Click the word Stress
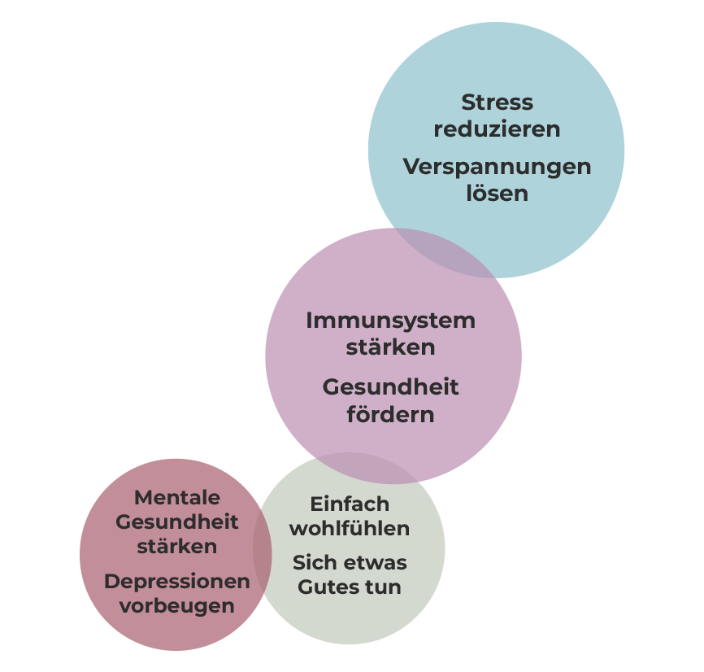497,103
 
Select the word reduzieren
497,129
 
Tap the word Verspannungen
497,167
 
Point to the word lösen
497,194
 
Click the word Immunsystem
390,321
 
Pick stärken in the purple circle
390,347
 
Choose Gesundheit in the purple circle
390,387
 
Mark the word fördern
390,414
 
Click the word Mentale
176,497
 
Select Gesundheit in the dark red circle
176,521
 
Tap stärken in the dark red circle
176,547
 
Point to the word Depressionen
176,582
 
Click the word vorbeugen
176,606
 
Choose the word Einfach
350,504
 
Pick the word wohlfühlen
350,529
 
